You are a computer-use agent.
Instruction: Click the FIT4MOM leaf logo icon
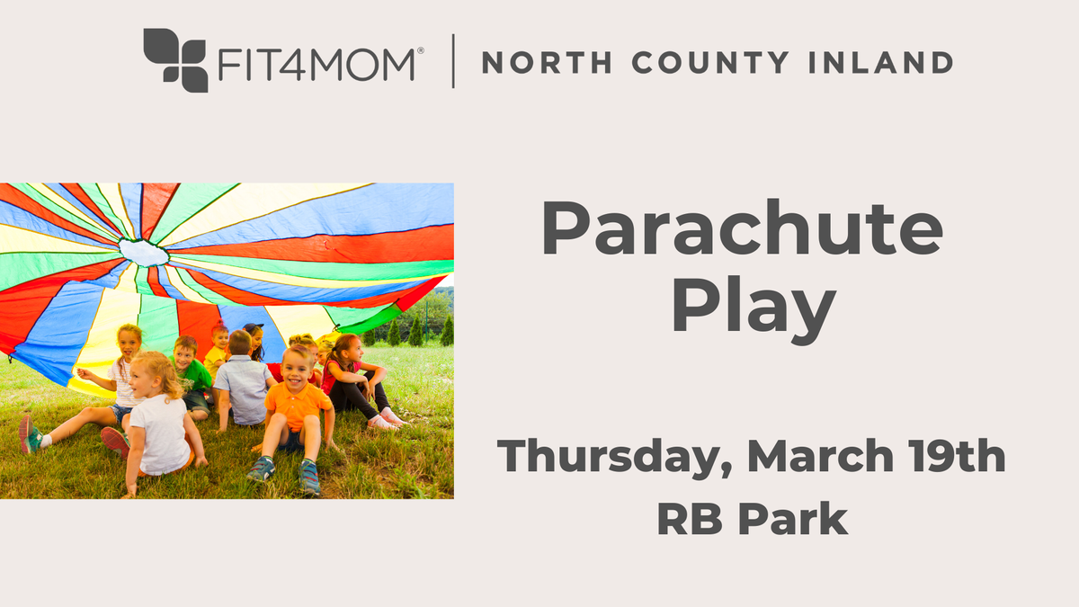(175, 59)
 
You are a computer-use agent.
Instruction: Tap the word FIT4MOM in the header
(317, 63)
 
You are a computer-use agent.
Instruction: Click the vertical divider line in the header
(452, 61)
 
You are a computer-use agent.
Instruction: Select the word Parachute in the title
(741, 230)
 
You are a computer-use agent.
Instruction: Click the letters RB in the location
(685, 519)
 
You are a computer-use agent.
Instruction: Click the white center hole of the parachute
(144, 252)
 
